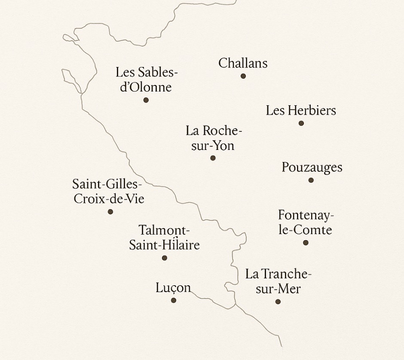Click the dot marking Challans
point(243,76)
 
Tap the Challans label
point(243,63)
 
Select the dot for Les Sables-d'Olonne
point(146,100)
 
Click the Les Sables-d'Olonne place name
point(146,79)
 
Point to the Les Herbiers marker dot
point(301,123)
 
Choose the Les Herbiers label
point(301,110)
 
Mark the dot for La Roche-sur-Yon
point(213,158)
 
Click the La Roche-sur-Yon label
point(214,138)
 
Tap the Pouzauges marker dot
point(311,180)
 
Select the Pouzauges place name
point(312,167)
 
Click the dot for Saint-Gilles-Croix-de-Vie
point(110,211)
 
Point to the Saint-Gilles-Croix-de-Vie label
point(108,192)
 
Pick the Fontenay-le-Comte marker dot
point(306,243)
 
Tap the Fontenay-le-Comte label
point(305,222)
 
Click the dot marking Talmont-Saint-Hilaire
point(165,258)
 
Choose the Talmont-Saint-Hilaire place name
point(164,238)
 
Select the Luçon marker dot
point(174,300)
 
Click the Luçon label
point(173,288)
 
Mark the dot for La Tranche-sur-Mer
point(278,302)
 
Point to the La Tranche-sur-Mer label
point(278,281)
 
